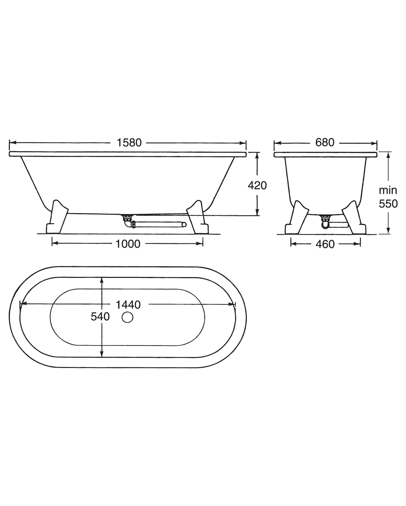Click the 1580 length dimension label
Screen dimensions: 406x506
coord(129,143)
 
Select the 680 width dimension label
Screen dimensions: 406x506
coord(325,142)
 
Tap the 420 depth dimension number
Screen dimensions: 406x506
coord(257,186)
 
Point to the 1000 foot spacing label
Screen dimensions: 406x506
coord(128,244)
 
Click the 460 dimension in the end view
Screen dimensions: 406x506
coord(325,244)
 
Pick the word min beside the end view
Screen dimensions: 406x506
coord(388,190)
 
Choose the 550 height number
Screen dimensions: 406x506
coord(388,204)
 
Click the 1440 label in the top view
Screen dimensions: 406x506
coord(128,305)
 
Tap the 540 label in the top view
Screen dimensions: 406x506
coord(100,317)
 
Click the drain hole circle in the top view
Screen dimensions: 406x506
coord(127,317)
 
